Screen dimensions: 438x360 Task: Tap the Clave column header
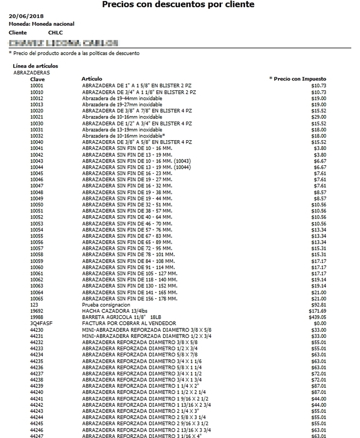37,79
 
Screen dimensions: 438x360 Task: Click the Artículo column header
91,79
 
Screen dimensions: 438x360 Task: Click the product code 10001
37,86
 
